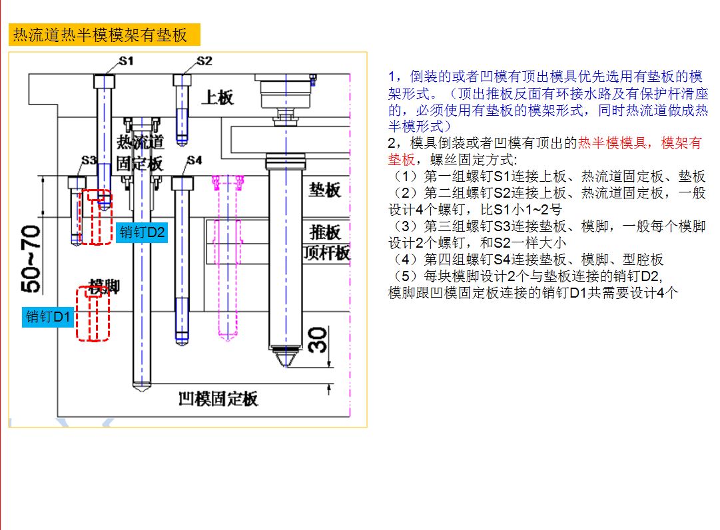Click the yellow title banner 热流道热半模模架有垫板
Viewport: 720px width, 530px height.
[x=104, y=35]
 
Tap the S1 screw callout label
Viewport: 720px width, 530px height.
[x=127, y=61]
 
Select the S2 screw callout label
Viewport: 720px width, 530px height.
[x=204, y=61]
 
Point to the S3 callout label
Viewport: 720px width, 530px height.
[x=89, y=160]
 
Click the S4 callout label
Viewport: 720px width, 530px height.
[x=194, y=160]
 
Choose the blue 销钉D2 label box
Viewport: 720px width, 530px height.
[x=142, y=232]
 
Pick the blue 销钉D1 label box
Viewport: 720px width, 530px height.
[x=48, y=317]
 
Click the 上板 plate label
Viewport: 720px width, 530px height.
[x=218, y=97]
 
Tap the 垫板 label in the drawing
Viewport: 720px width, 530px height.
[x=324, y=190]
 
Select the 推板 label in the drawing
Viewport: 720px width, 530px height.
[x=325, y=232]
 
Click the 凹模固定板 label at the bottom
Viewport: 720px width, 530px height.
[x=218, y=399]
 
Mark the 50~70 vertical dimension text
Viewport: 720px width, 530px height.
[x=31, y=259]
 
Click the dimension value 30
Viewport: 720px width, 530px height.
[x=318, y=340]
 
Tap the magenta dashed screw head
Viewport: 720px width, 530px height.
[x=227, y=182]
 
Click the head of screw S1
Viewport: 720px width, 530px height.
[x=104, y=82]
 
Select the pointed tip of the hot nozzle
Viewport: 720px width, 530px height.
[x=285, y=366]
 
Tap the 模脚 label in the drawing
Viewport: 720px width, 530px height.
[x=104, y=286]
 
